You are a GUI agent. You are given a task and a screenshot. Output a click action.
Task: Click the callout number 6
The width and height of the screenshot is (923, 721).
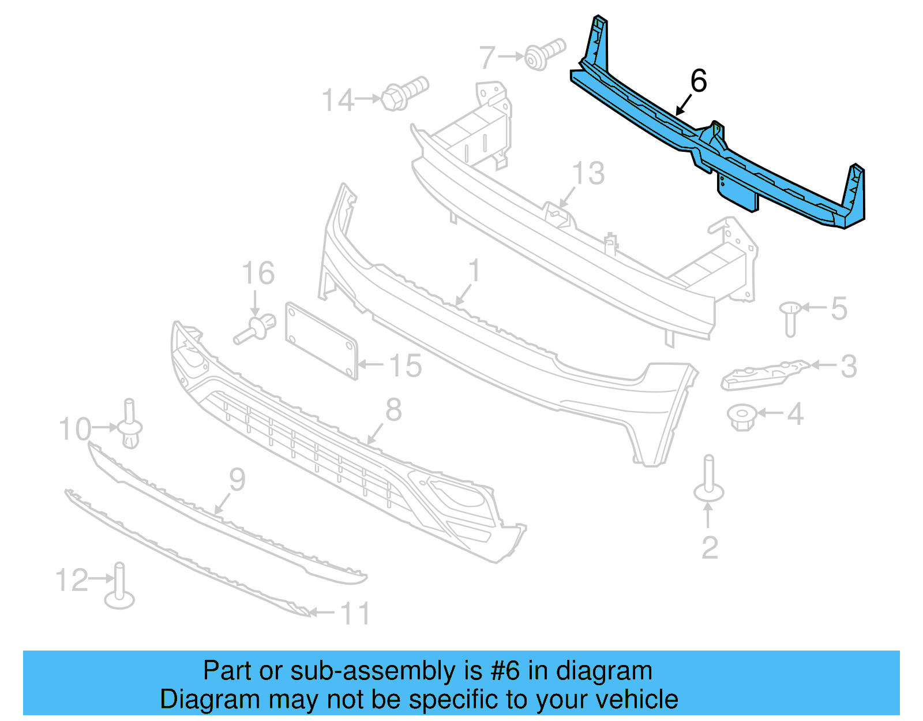pos(698,81)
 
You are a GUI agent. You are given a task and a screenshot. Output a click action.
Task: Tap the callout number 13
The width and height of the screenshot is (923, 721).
pos(588,173)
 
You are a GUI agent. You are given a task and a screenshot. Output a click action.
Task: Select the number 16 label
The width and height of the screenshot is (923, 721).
pos(258,273)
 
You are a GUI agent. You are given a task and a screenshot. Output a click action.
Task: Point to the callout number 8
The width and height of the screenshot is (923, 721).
pos(393,410)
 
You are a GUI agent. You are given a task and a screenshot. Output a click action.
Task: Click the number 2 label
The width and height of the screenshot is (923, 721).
pos(710,547)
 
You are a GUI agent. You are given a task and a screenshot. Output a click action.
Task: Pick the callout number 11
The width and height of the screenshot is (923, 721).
pos(355,613)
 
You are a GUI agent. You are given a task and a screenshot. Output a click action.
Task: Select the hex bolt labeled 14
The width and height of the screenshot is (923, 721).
pos(404,94)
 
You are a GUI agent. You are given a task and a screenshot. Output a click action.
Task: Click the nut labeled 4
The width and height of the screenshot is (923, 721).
pos(742,417)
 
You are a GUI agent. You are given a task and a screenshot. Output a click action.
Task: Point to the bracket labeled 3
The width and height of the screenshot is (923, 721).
pos(764,373)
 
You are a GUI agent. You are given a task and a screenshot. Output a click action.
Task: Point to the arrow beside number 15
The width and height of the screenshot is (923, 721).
pos(370,364)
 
